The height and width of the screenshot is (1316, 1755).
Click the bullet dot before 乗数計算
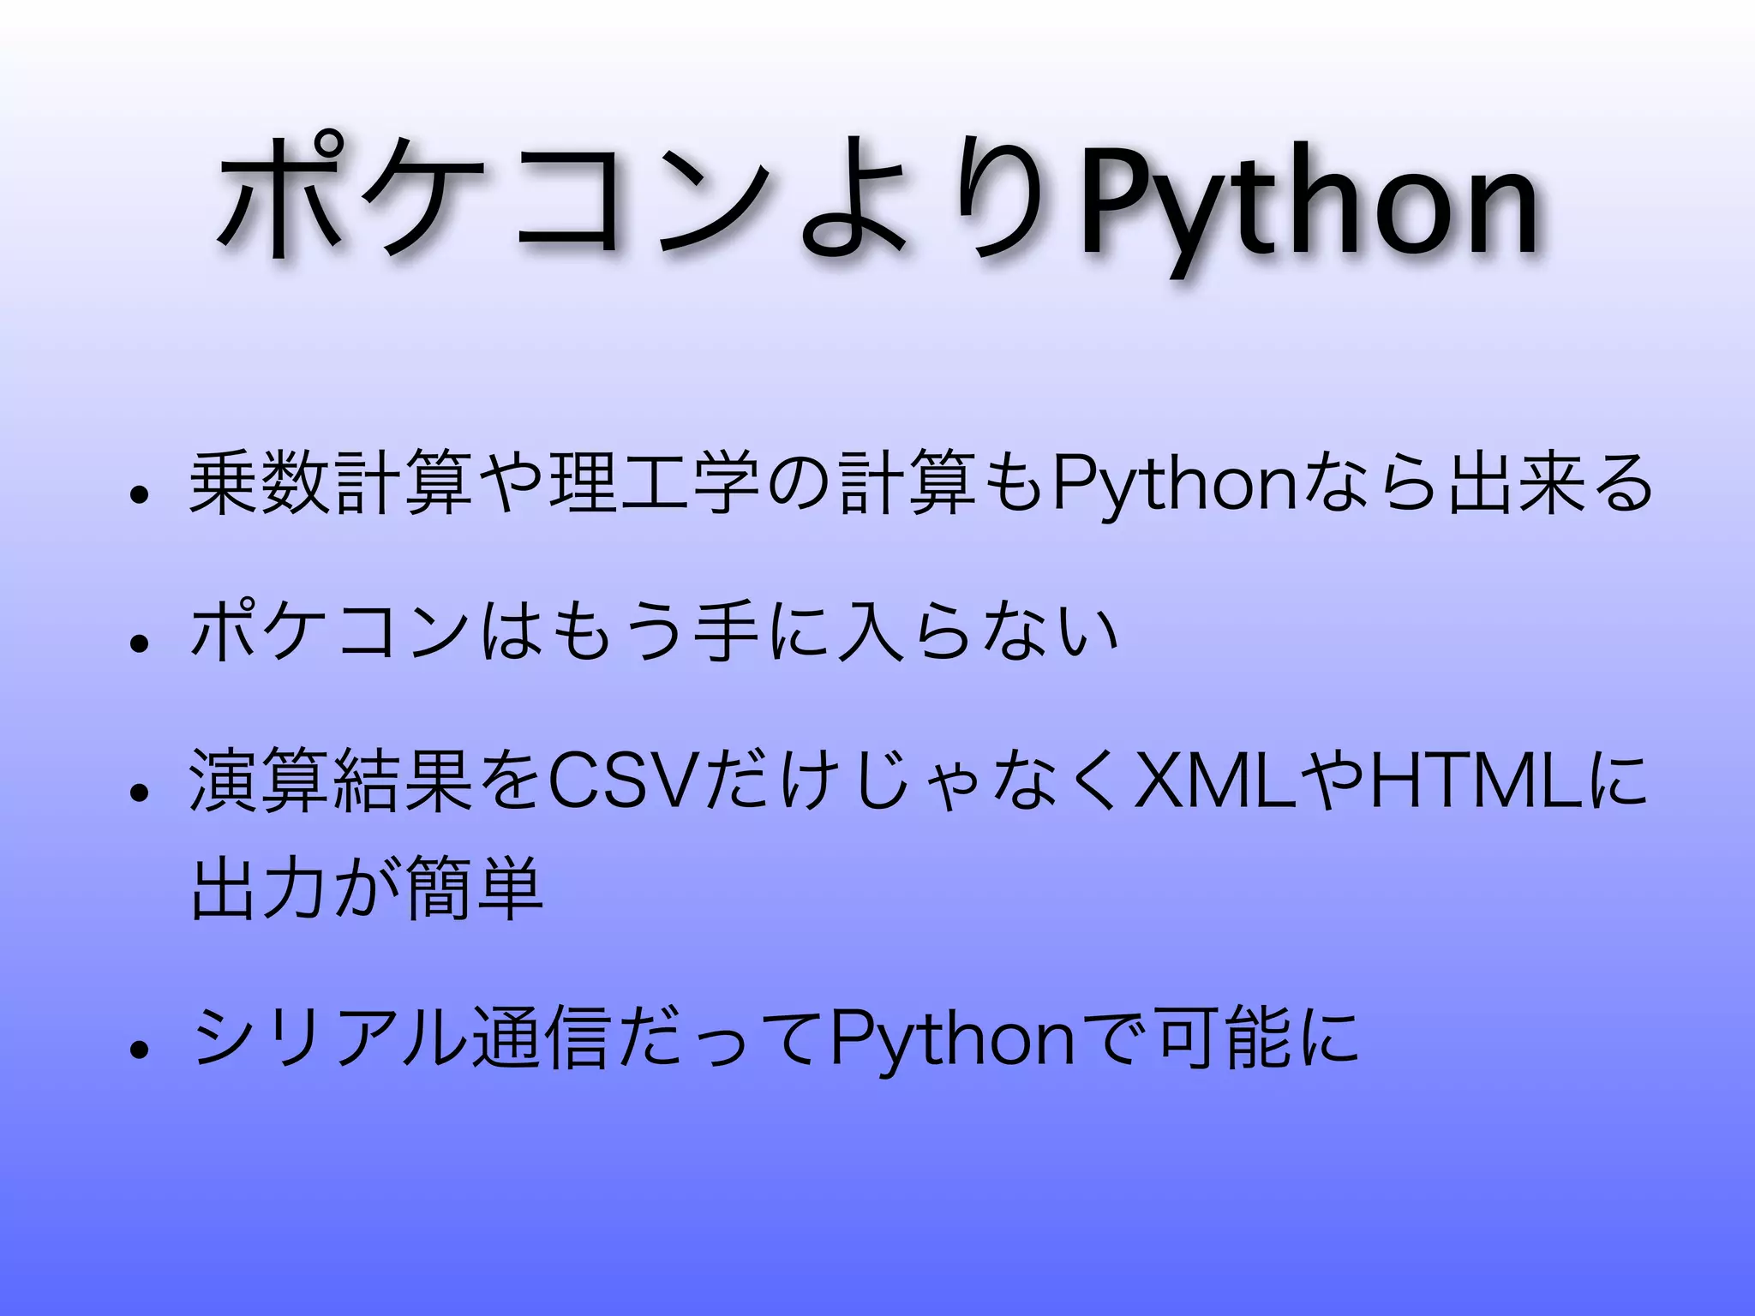pyautogui.click(x=136, y=494)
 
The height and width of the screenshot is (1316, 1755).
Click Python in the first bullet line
pyautogui.click(x=1174, y=487)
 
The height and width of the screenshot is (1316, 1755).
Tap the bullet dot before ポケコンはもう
pyautogui.click(x=136, y=642)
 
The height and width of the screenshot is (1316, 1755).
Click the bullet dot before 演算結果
pyautogui.click(x=136, y=792)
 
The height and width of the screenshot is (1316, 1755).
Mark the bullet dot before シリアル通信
pyautogui.click(x=136, y=1050)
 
